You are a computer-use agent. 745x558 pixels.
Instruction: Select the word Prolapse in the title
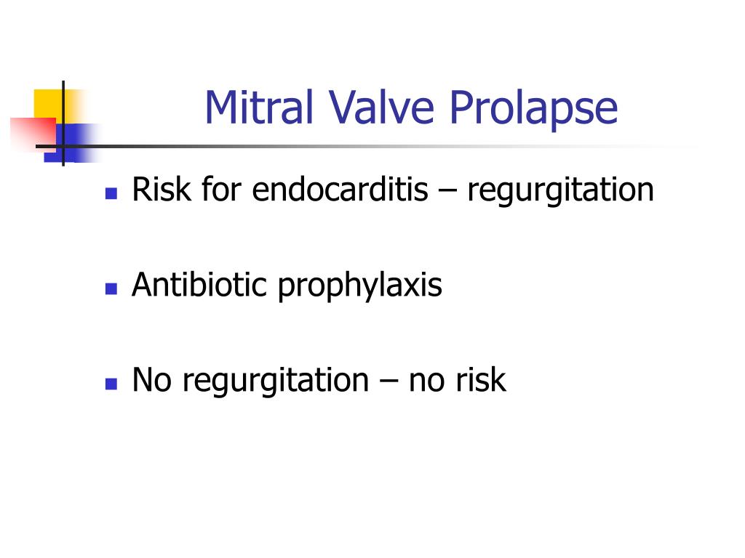(x=533, y=110)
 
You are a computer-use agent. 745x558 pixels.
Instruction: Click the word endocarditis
(x=340, y=189)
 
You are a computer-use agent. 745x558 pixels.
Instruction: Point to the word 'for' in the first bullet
(x=221, y=189)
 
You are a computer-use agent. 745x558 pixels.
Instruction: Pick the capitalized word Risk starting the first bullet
(x=161, y=189)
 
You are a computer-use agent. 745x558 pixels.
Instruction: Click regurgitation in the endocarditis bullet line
(x=561, y=192)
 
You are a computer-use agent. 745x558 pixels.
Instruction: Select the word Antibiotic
(x=199, y=284)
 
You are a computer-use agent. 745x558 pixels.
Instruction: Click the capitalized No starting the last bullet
(x=151, y=379)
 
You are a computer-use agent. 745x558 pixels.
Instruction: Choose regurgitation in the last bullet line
(x=276, y=382)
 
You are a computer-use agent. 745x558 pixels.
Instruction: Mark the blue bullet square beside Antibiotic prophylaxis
(x=111, y=288)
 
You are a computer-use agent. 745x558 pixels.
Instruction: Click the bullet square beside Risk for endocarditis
(x=111, y=193)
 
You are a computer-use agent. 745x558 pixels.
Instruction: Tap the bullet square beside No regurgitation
(x=111, y=384)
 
